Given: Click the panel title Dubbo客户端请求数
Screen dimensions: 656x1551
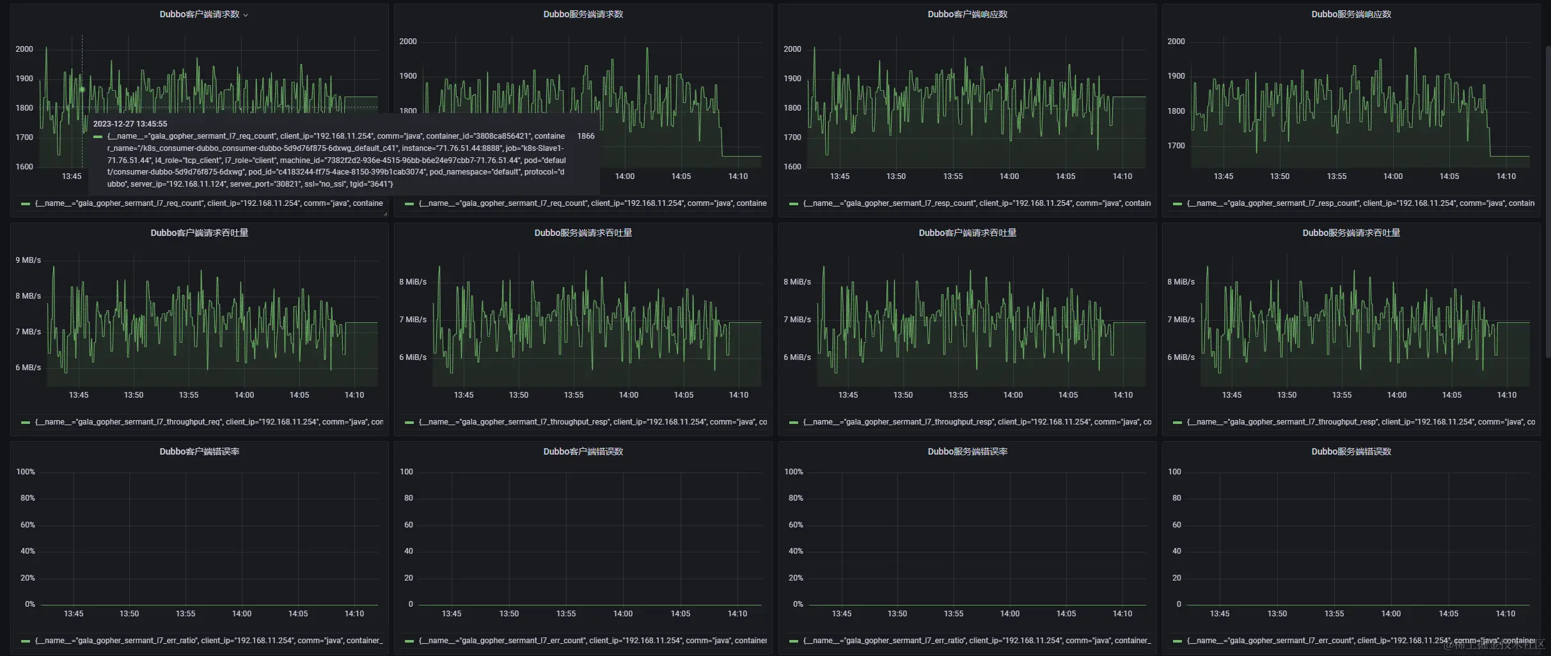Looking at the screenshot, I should pos(199,14).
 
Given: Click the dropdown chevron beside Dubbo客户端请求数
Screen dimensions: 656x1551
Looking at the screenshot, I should pos(246,15).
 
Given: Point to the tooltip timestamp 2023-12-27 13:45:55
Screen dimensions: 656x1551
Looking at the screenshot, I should pos(130,124).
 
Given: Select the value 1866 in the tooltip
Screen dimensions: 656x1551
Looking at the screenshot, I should pos(585,136).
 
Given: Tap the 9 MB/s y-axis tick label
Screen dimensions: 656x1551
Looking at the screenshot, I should pos(28,260).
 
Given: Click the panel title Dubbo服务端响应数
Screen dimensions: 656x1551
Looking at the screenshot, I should pos(1351,14).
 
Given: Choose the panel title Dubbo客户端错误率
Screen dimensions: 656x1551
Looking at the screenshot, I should pos(199,451).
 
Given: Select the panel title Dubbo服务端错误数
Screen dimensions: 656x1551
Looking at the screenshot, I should pos(1351,451).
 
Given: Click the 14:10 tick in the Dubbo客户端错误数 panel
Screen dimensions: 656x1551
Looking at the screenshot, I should pos(737,614).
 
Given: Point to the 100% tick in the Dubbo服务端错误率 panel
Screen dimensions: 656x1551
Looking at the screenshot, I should pos(793,472).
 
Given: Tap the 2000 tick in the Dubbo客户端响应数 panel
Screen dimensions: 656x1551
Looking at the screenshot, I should pos(792,49).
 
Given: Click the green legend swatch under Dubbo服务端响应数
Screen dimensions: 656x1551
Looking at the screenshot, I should pos(1177,203).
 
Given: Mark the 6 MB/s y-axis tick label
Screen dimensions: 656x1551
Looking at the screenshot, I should pos(28,368).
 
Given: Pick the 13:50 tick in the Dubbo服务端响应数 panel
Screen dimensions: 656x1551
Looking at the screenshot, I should pos(1279,176).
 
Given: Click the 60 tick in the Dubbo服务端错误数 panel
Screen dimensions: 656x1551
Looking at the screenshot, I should pos(1176,525).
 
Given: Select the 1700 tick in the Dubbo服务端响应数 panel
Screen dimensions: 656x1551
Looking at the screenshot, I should pos(1176,146).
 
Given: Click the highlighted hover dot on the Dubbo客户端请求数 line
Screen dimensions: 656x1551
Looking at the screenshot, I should pos(82,90).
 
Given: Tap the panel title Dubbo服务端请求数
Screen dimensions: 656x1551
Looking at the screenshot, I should pos(583,14).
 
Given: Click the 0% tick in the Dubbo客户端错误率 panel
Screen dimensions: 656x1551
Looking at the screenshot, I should pos(29,604).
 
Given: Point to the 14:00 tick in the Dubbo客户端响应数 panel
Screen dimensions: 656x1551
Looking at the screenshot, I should pos(1009,176).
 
